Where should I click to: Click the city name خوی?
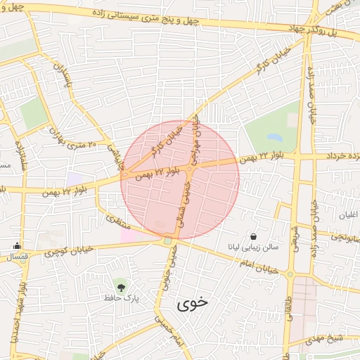pyautogui.click(x=193, y=303)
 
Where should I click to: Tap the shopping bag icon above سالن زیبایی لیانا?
pyautogui.click(x=252, y=236)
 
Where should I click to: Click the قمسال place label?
pyautogui.click(x=15, y=257)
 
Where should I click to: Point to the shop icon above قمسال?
pyautogui.click(x=16, y=246)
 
